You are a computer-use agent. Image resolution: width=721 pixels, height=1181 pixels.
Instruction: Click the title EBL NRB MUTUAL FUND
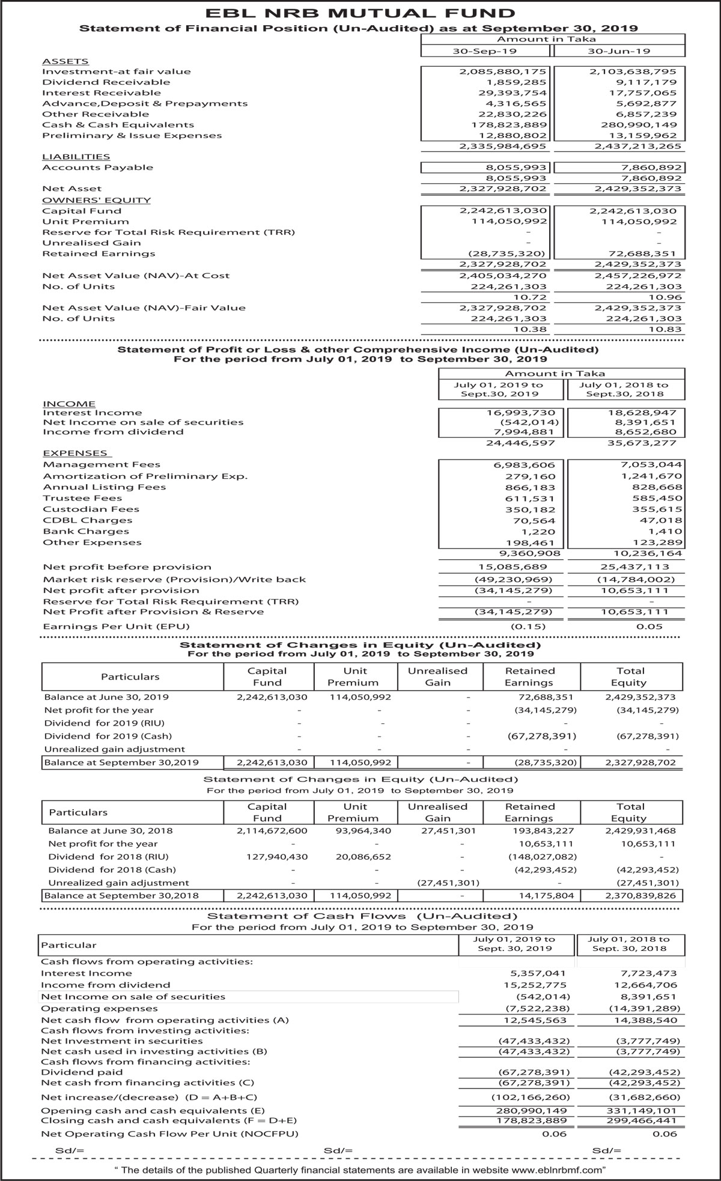(360, 13)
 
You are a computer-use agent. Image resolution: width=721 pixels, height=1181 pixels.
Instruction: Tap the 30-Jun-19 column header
(618, 51)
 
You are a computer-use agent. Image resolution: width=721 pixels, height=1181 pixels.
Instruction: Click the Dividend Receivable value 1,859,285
(516, 82)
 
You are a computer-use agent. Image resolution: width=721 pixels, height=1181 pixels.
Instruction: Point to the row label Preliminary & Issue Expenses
(132, 136)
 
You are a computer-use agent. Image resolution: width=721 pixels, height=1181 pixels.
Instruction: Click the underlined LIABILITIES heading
(76, 157)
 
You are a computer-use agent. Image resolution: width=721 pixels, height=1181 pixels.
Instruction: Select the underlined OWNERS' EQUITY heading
(96, 200)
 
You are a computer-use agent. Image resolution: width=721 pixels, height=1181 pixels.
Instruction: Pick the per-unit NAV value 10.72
(534, 297)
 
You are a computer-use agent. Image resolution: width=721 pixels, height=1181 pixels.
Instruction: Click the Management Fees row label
(102, 464)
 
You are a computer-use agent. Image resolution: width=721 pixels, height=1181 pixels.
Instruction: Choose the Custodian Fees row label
(91, 509)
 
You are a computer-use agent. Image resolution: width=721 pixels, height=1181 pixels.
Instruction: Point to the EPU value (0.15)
(528, 627)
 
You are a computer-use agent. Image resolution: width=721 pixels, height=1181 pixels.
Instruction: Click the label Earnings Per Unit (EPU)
(116, 627)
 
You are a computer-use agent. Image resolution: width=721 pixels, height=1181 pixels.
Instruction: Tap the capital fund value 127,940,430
(277, 857)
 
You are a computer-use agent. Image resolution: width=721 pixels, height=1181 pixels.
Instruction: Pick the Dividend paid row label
(82, 1072)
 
